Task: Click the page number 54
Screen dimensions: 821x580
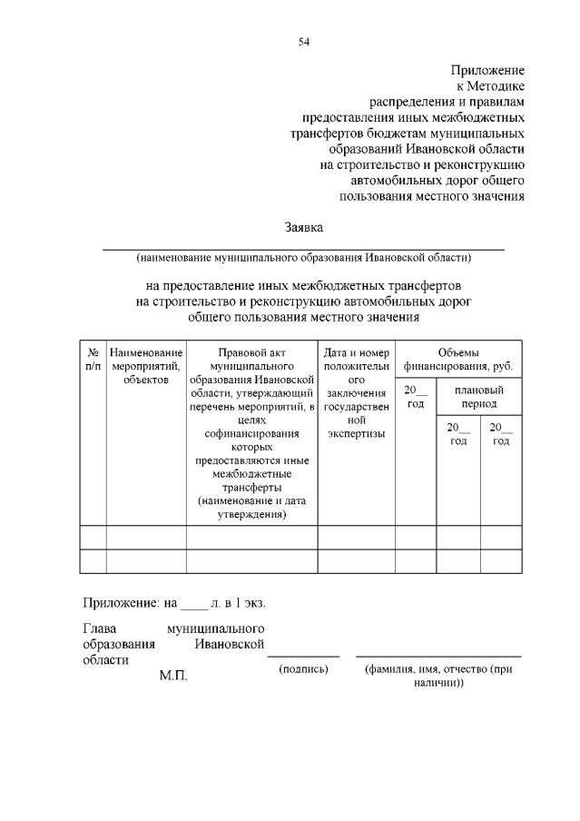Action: (303, 42)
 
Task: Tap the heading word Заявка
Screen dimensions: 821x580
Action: (303, 227)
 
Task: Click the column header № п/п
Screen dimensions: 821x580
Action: (93, 358)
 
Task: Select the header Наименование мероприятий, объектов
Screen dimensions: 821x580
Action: (146, 365)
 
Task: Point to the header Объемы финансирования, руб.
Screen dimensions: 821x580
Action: (457, 359)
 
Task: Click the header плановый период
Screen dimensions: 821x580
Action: (478, 396)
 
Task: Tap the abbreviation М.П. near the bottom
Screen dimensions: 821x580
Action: (172, 676)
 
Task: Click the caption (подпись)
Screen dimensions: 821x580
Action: (303, 669)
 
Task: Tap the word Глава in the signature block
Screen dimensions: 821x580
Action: (100, 628)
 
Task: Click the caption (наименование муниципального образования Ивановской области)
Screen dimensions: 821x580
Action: (303, 257)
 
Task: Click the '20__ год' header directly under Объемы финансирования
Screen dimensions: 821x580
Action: (415, 396)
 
